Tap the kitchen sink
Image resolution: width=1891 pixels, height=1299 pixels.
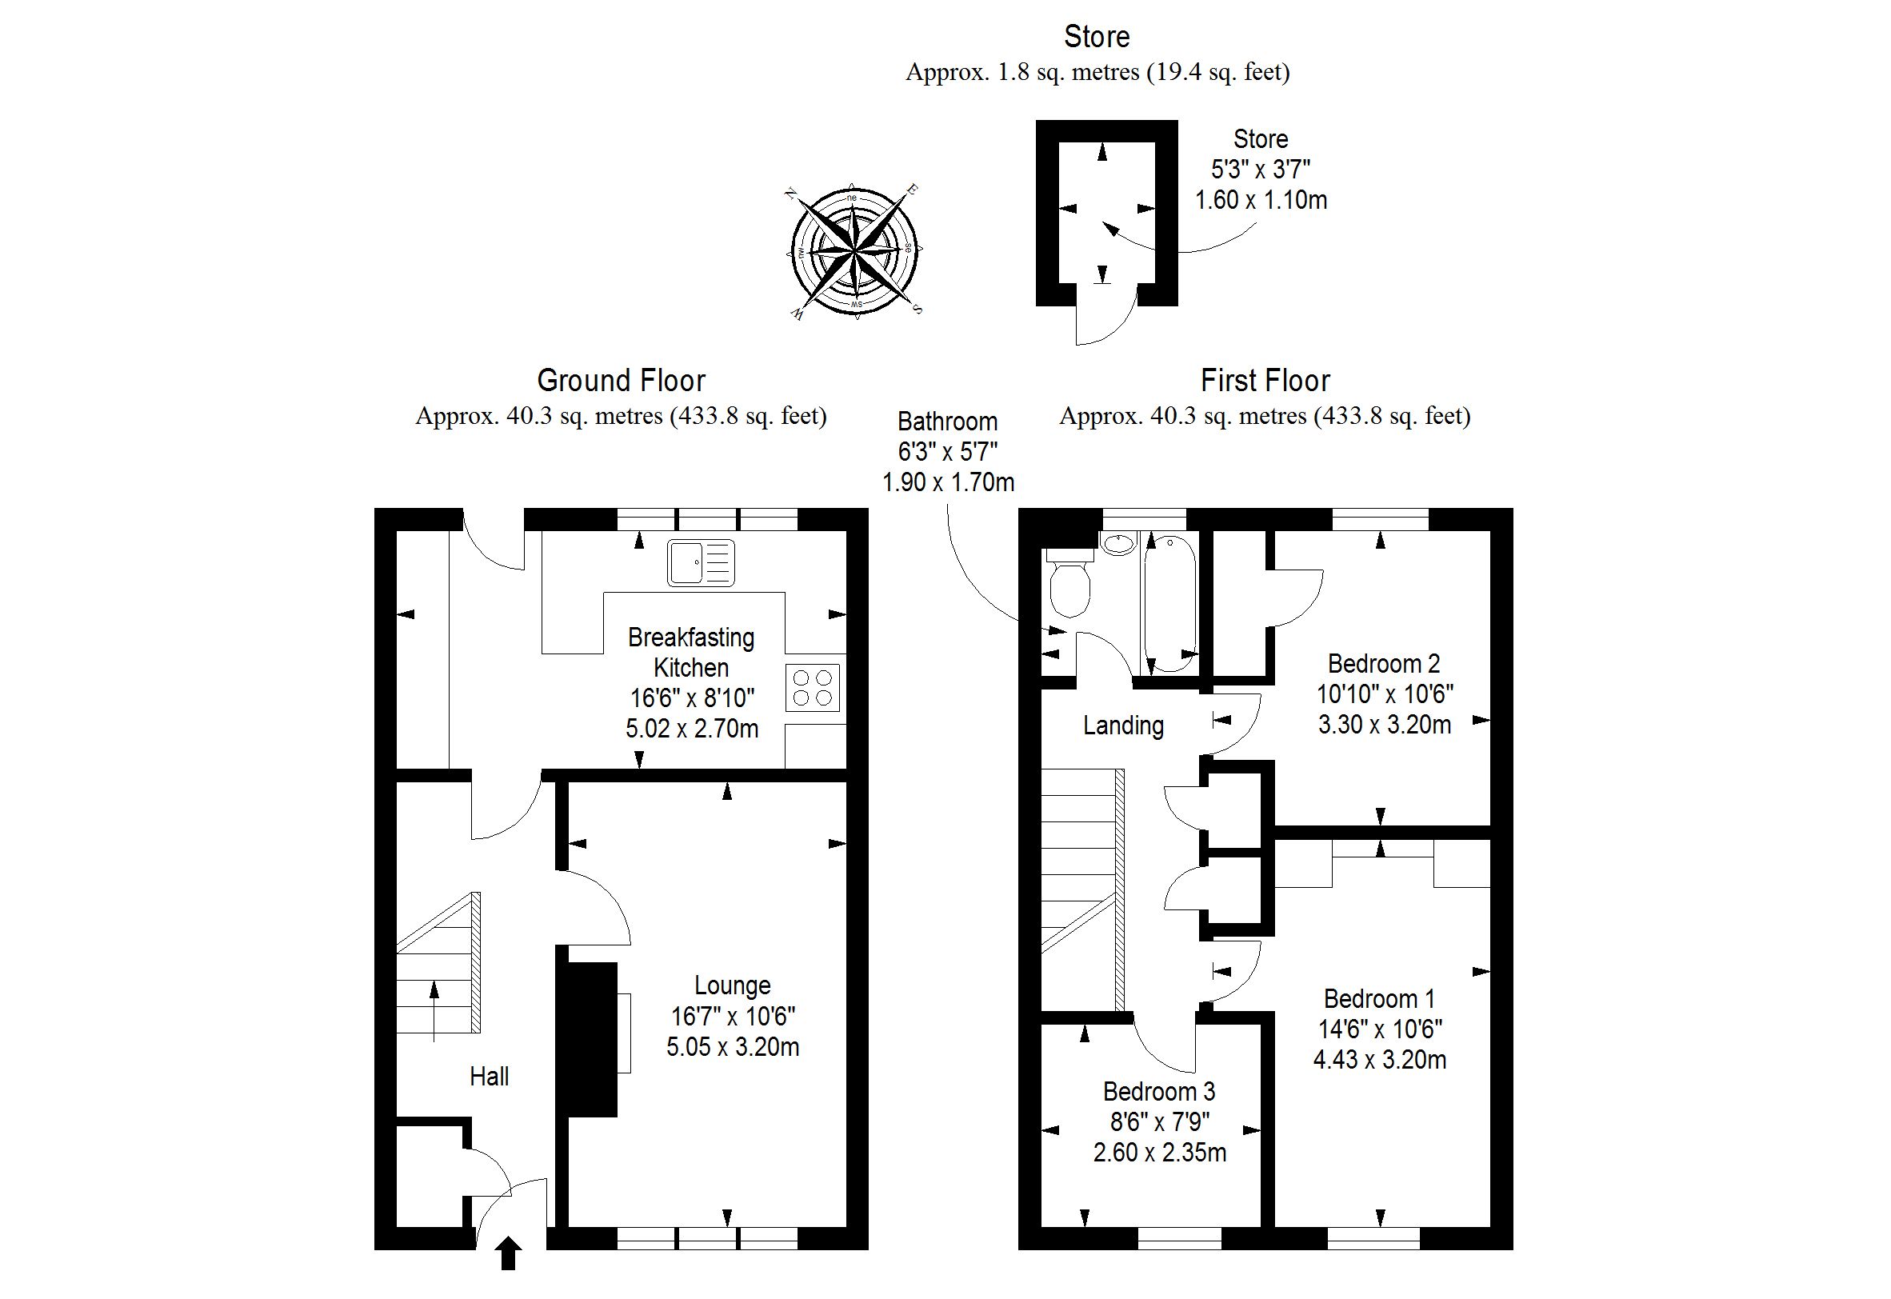(700, 562)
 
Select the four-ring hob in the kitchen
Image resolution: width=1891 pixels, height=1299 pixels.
(813, 688)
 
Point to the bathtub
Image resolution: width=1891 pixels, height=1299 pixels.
(1169, 602)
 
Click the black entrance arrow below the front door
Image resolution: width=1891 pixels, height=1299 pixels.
(509, 1253)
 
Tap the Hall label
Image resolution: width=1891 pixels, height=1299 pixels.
(490, 1077)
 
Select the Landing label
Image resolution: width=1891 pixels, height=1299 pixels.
(1122, 725)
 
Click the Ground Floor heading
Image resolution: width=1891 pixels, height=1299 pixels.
(621, 381)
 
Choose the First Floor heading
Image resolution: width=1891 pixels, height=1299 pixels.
(1265, 381)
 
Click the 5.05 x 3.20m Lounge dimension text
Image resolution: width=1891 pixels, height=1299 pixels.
(733, 1047)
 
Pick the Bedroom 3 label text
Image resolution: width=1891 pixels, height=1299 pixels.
(1159, 1091)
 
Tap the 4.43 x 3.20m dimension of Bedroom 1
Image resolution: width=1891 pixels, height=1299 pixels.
(1380, 1060)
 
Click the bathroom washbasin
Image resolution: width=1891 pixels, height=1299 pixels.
(1119, 544)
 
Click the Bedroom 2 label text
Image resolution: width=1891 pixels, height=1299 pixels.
(1384, 663)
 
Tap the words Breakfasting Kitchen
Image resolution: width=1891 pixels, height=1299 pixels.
(691, 652)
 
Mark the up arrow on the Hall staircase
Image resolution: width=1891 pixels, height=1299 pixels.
(434, 1010)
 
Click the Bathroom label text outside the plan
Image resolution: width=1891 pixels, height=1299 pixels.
(948, 422)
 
